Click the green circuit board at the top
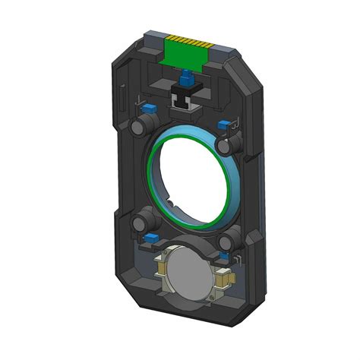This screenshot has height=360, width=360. tap(186, 54)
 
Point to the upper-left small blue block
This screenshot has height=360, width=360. tap(150, 108)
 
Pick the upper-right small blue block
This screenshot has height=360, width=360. tap(223, 124)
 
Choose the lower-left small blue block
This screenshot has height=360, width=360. tap(152, 238)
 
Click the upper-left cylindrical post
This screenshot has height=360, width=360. tap(141, 125)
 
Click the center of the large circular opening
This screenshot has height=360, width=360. tap(194, 179)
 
